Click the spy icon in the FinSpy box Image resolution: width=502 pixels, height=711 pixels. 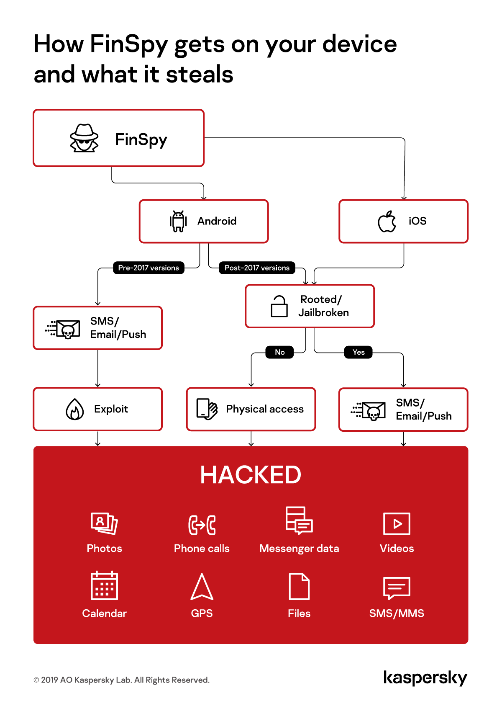click(x=84, y=138)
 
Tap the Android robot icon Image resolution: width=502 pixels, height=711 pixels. click(x=178, y=221)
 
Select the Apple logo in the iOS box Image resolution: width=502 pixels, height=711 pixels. click(x=387, y=222)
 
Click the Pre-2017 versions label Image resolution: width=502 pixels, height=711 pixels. click(x=149, y=268)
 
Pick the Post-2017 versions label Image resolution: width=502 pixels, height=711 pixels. click(x=257, y=268)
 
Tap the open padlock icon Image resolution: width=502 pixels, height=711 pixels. click(x=279, y=306)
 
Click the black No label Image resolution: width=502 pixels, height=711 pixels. click(x=279, y=352)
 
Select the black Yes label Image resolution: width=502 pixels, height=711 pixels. click(x=359, y=352)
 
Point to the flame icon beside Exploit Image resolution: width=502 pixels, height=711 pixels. click(x=75, y=409)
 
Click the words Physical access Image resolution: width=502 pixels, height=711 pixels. click(x=265, y=409)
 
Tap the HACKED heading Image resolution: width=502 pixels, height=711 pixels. click(x=251, y=475)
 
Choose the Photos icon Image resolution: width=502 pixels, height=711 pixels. click(x=104, y=523)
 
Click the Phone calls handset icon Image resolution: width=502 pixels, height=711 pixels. click(x=202, y=525)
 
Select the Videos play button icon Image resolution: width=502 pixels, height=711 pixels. click(x=397, y=523)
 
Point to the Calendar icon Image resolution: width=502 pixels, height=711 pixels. click(x=104, y=585)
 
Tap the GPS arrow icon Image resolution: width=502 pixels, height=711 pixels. click(x=202, y=587)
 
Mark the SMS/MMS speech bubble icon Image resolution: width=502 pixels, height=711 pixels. click(x=397, y=587)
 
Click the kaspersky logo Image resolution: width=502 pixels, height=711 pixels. click(x=425, y=678)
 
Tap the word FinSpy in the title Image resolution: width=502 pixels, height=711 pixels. click(x=129, y=44)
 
